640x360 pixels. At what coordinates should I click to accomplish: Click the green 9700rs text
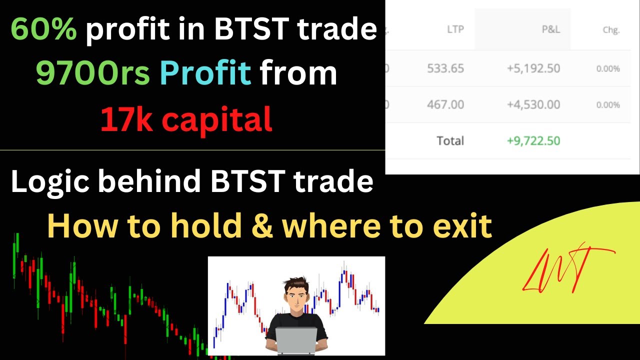pyautogui.click(x=92, y=74)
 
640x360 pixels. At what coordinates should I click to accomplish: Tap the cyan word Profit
pyautogui.click(x=205, y=74)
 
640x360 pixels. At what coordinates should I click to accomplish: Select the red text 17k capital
pyautogui.click(x=186, y=119)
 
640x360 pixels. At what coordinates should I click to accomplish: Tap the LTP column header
pyautogui.click(x=455, y=29)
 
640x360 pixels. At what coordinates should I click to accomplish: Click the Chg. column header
pyautogui.click(x=611, y=30)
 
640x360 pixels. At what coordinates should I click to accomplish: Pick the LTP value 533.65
pyautogui.click(x=445, y=68)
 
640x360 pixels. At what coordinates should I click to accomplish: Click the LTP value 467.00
pyautogui.click(x=445, y=105)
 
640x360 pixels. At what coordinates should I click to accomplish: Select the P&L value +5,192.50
pyautogui.click(x=533, y=68)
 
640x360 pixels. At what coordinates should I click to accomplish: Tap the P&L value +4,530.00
pyautogui.click(x=533, y=105)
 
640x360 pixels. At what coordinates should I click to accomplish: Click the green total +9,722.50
pyautogui.click(x=533, y=141)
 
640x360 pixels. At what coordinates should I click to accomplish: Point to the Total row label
pyautogui.click(x=450, y=141)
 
